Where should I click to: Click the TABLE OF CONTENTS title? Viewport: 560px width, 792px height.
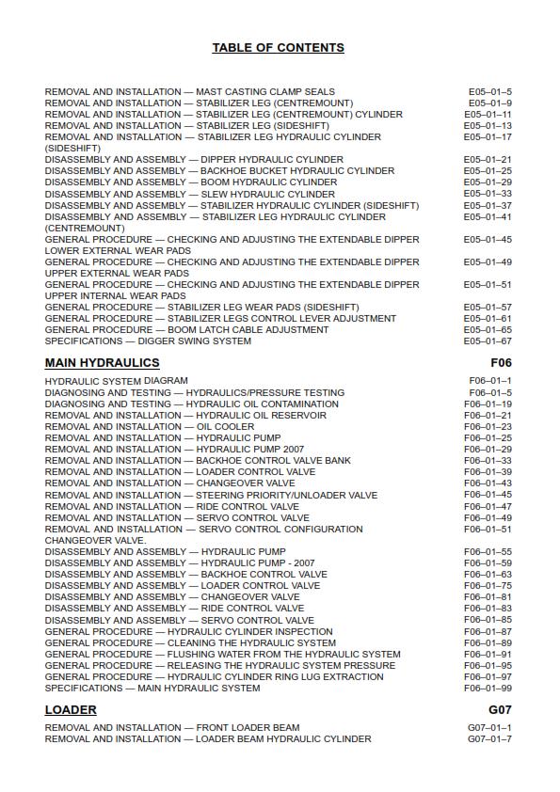click(279, 48)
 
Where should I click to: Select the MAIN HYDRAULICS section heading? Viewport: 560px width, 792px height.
click(102, 362)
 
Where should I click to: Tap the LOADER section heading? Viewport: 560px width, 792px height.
click(71, 710)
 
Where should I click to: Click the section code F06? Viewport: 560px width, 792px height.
click(501, 362)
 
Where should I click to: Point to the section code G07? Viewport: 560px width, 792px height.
click(500, 710)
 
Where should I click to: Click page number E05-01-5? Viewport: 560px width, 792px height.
click(490, 91)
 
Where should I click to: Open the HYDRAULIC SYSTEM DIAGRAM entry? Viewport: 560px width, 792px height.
click(116, 381)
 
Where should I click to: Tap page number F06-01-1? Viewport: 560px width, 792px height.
click(490, 381)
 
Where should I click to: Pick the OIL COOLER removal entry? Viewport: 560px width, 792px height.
click(150, 427)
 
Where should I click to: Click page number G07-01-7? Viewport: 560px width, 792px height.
click(489, 739)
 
